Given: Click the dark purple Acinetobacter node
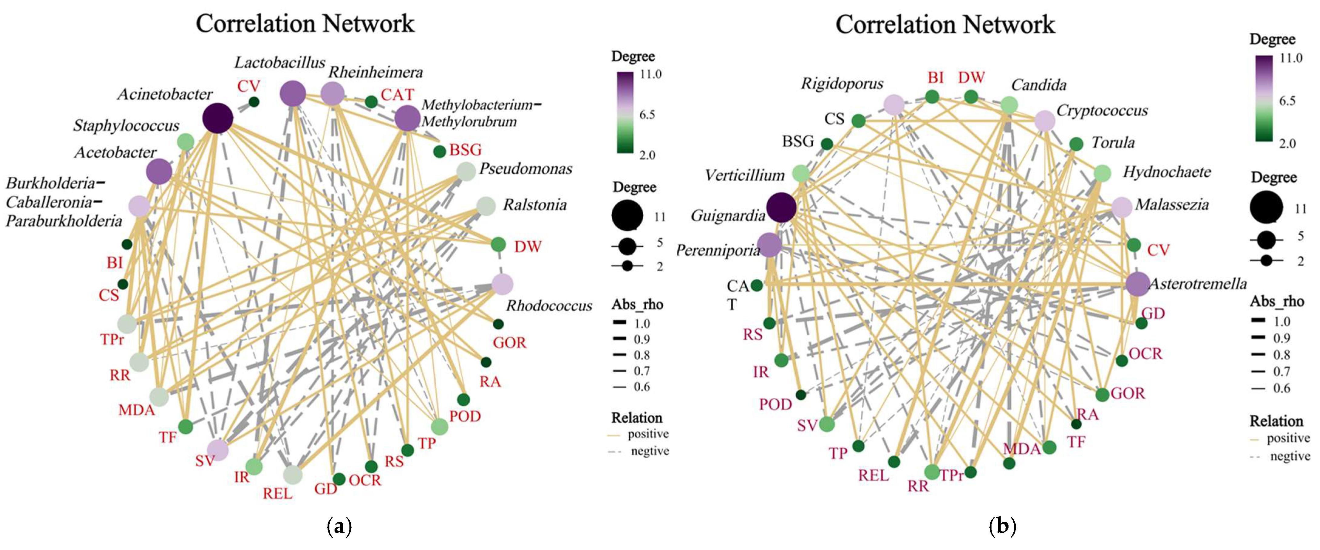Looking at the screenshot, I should pyautogui.click(x=218, y=118).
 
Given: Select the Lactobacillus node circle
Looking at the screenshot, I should pyautogui.click(x=293, y=94).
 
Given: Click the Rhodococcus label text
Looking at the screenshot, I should pyautogui.click(x=549, y=306).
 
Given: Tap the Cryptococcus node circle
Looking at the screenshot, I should pyautogui.click(x=1045, y=121).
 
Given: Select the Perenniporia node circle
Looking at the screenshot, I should pyautogui.click(x=770, y=245).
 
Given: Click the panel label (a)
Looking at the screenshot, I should pyautogui.click(x=339, y=526).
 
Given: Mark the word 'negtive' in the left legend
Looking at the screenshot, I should pyautogui.click(x=650, y=451).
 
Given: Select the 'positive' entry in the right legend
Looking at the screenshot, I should pyautogui.click(x=1288, y=438).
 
